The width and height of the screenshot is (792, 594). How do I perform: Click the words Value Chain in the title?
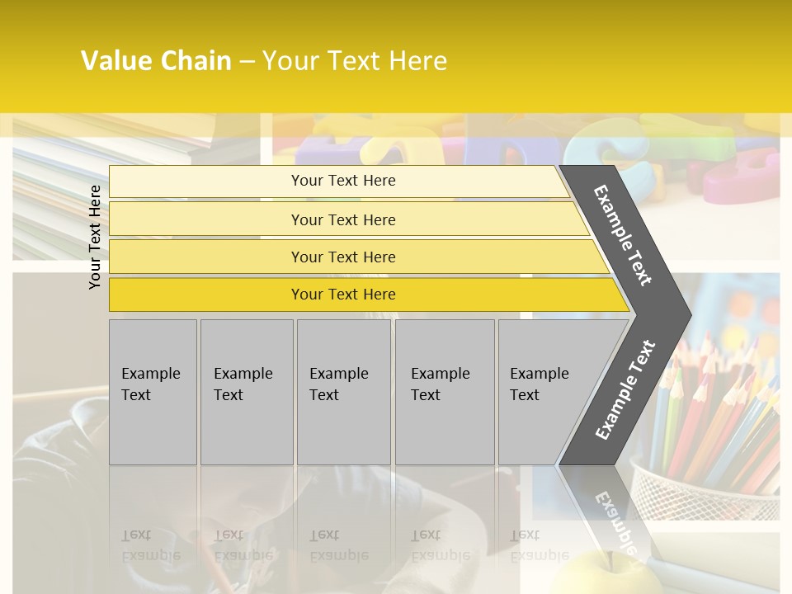tap(156, 61)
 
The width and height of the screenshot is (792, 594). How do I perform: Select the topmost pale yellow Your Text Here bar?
tap(343, 181)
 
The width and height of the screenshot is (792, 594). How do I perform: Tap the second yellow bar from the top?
tap(343, 219)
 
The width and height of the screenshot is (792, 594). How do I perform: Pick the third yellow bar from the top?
tap(343, 257)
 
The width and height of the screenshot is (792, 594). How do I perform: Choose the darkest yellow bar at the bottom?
tap(343, 295)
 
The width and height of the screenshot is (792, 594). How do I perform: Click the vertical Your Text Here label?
tap(95, 237)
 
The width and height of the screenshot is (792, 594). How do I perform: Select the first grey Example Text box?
tap(153, 392)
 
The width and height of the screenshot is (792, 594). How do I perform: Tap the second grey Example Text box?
tap(247, 392)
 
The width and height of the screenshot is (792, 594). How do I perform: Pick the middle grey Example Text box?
tap(343, 392)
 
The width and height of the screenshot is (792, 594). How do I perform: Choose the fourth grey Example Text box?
tap(445, 392)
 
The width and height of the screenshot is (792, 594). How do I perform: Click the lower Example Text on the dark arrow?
tap(625, 389)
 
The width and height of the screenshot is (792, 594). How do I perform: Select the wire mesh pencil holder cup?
tap(701, 487)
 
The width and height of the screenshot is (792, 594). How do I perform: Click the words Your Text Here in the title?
tap(355, 61)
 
